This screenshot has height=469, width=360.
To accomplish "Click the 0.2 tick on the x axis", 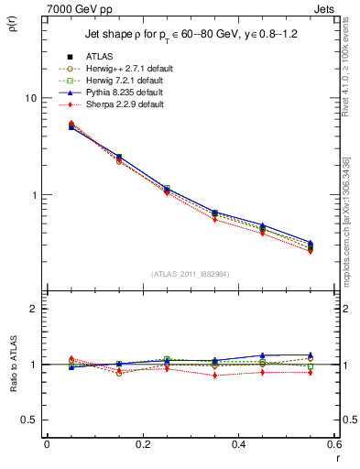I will [142, 445].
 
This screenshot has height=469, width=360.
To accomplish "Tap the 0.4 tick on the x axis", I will [238, 445].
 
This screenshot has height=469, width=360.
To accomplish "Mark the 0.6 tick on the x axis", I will [334, 445].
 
